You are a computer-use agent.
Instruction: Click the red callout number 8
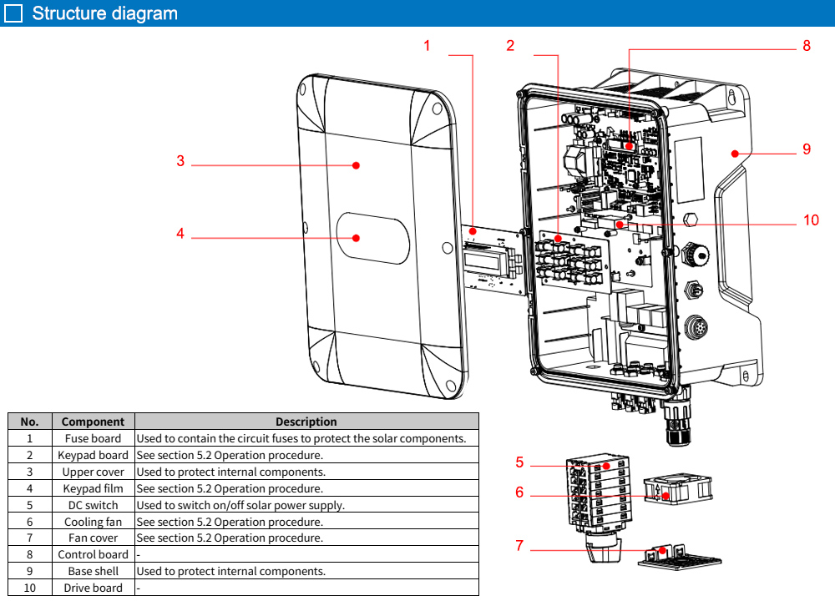point(807,46)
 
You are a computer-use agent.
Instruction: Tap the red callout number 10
point(811,220)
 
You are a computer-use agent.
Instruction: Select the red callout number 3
point(180,161)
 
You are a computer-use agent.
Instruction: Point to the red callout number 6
point(519,492)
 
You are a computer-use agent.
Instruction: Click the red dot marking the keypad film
point(356,238)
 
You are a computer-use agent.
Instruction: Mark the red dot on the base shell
point(734,153)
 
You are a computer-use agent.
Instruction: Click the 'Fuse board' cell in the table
point(93,438)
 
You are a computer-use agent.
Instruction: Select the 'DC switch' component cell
point(93,505)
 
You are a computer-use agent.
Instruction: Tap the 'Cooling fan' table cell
point(93,522)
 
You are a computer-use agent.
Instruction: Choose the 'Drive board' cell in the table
point(93,588)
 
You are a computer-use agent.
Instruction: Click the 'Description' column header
point(306,422)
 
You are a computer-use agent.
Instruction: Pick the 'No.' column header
point(29,422)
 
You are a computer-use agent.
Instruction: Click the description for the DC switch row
point(240,505)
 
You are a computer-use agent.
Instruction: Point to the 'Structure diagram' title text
point(104,13)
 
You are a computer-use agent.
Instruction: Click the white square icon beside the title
point(13,13)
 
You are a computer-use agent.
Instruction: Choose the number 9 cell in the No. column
point(29,571)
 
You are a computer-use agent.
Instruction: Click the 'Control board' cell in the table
point(93,554)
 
